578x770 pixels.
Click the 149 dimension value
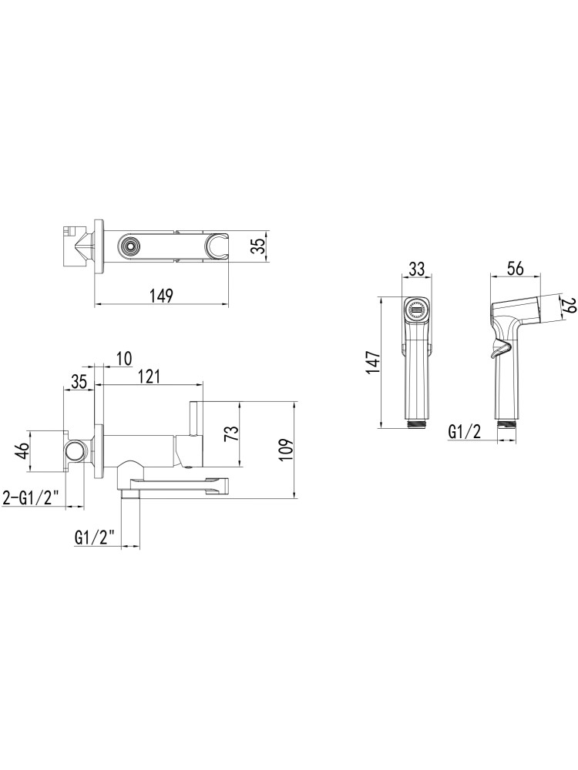pos(162,296)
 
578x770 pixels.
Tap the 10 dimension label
pos(124,359)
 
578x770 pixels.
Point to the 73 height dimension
pos(233,434)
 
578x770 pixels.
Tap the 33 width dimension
pos(417,269)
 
